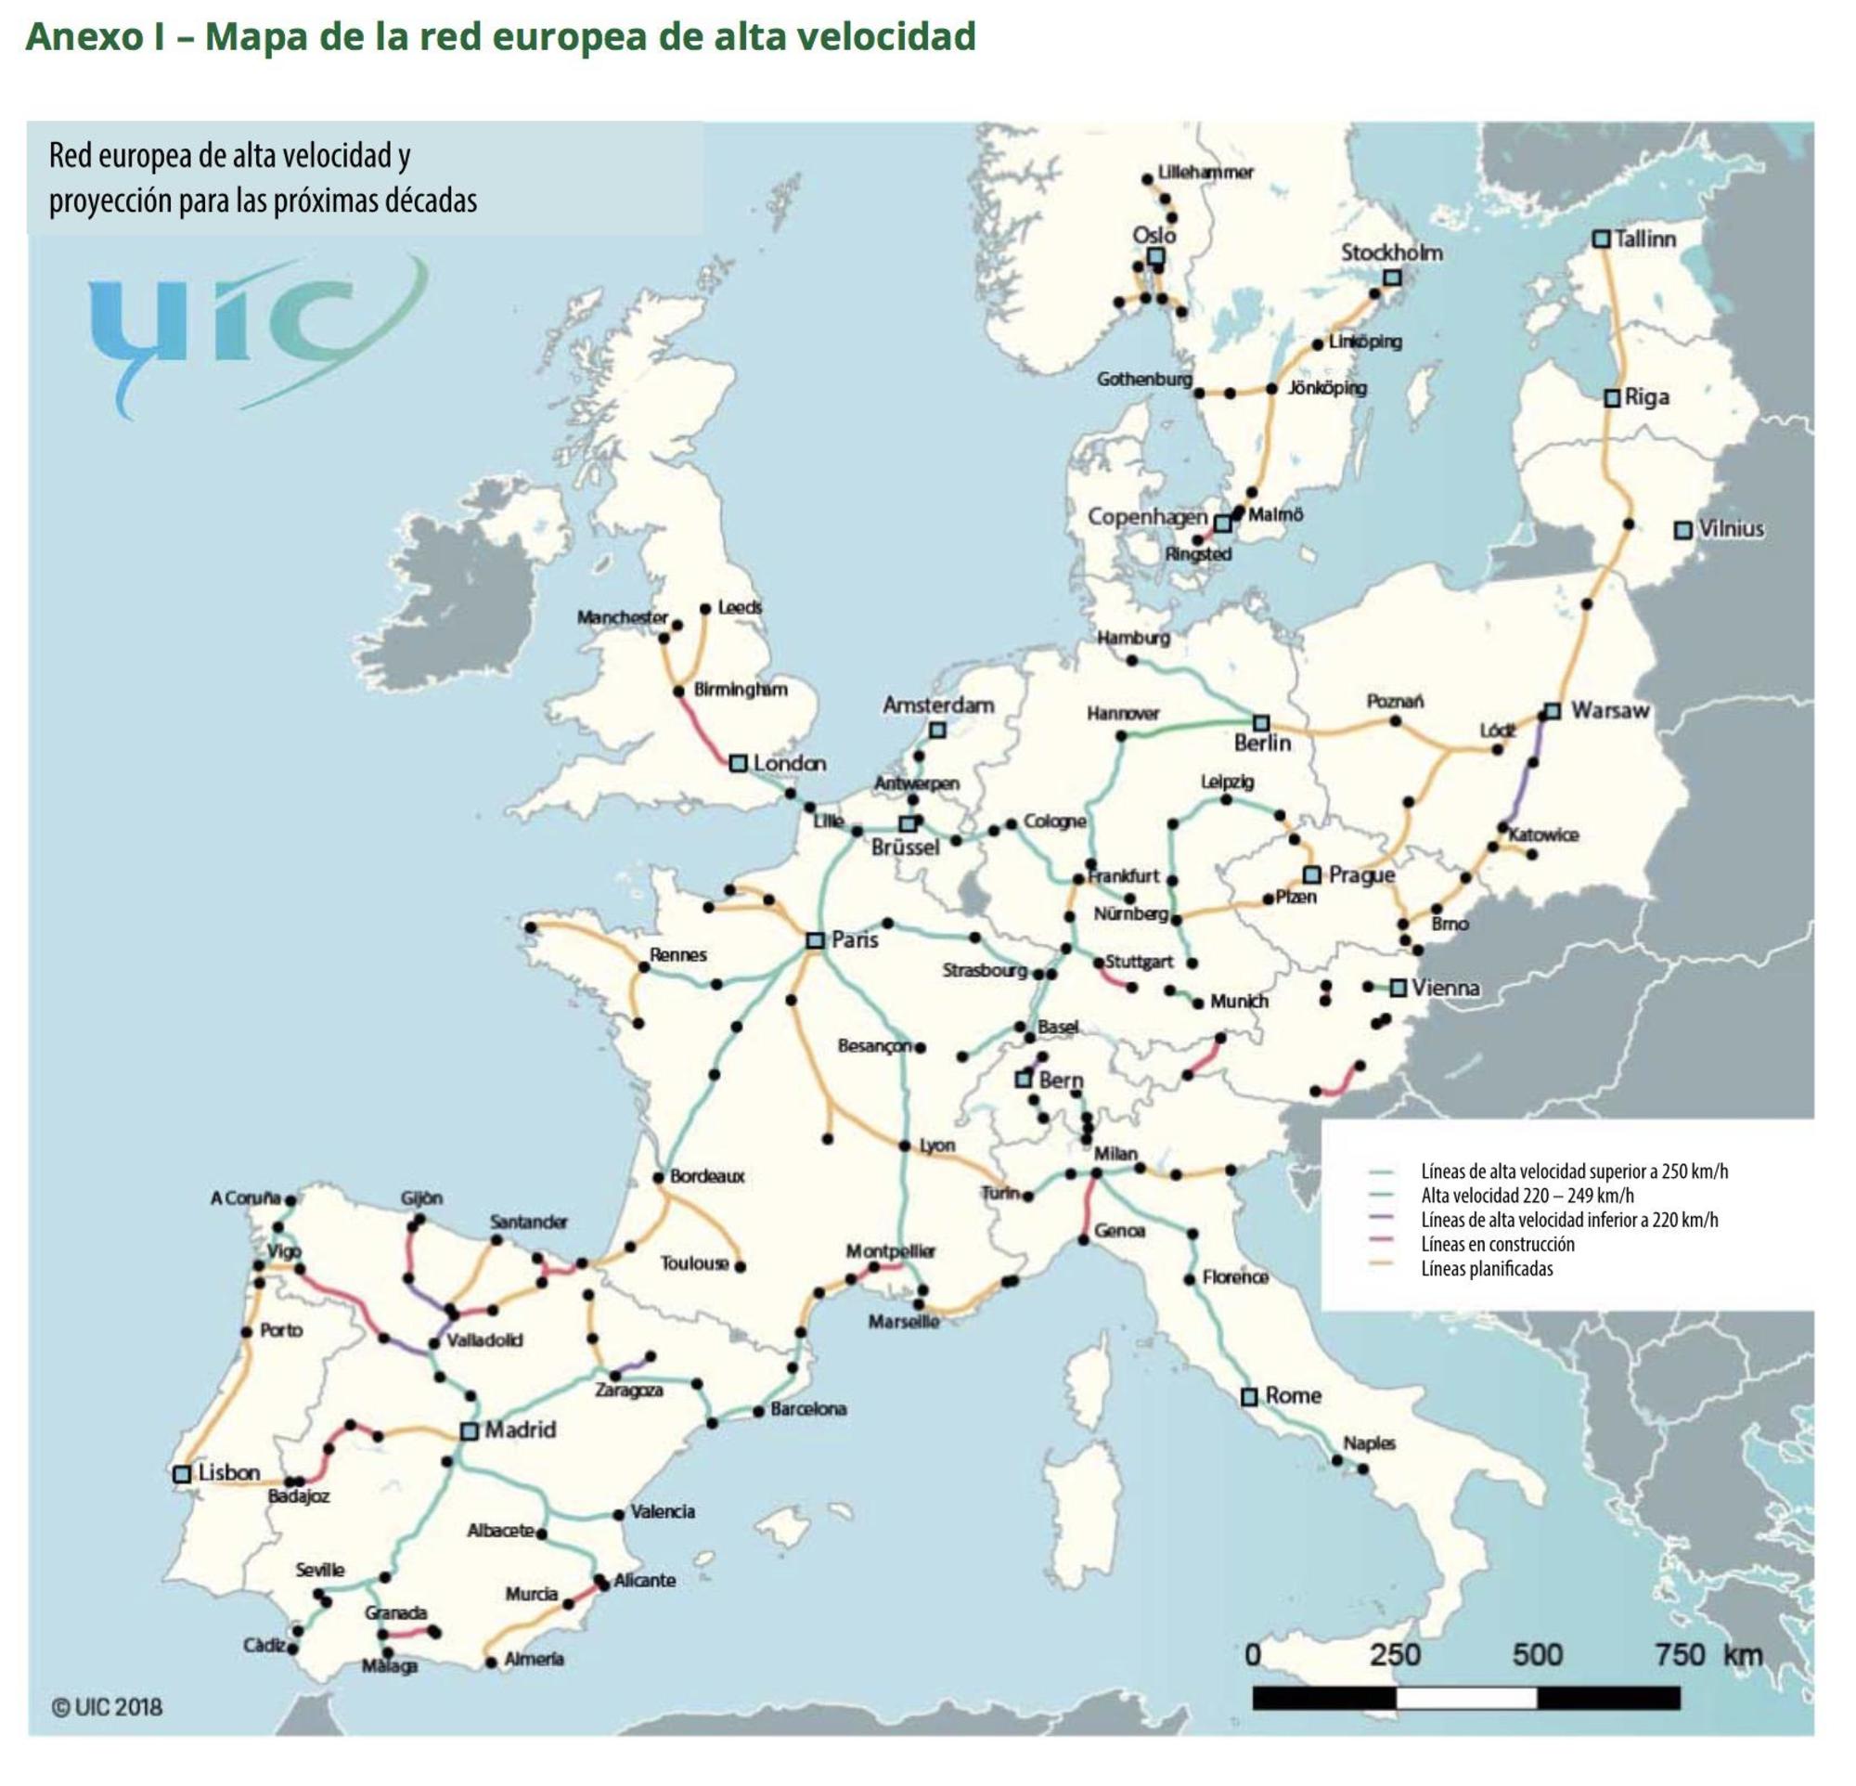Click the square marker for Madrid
point(469,1430)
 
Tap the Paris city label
point(854,940)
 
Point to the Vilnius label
point(1731,528)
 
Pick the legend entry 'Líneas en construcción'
point(1497,1243)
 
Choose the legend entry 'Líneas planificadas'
point(1487,1268)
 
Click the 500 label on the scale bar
point(1537,1655)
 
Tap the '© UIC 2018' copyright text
point(107,1707)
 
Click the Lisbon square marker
point(182,1474)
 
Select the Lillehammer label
point(1205,173)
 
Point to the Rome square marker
point(1250,1397)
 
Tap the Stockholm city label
point(1391,252)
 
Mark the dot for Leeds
point(704,609)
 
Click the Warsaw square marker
point(1552,711)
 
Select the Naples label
point(1370,1443)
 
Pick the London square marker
point(739,763)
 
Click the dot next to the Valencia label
point(618,1514)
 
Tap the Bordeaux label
point(706,1176)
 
